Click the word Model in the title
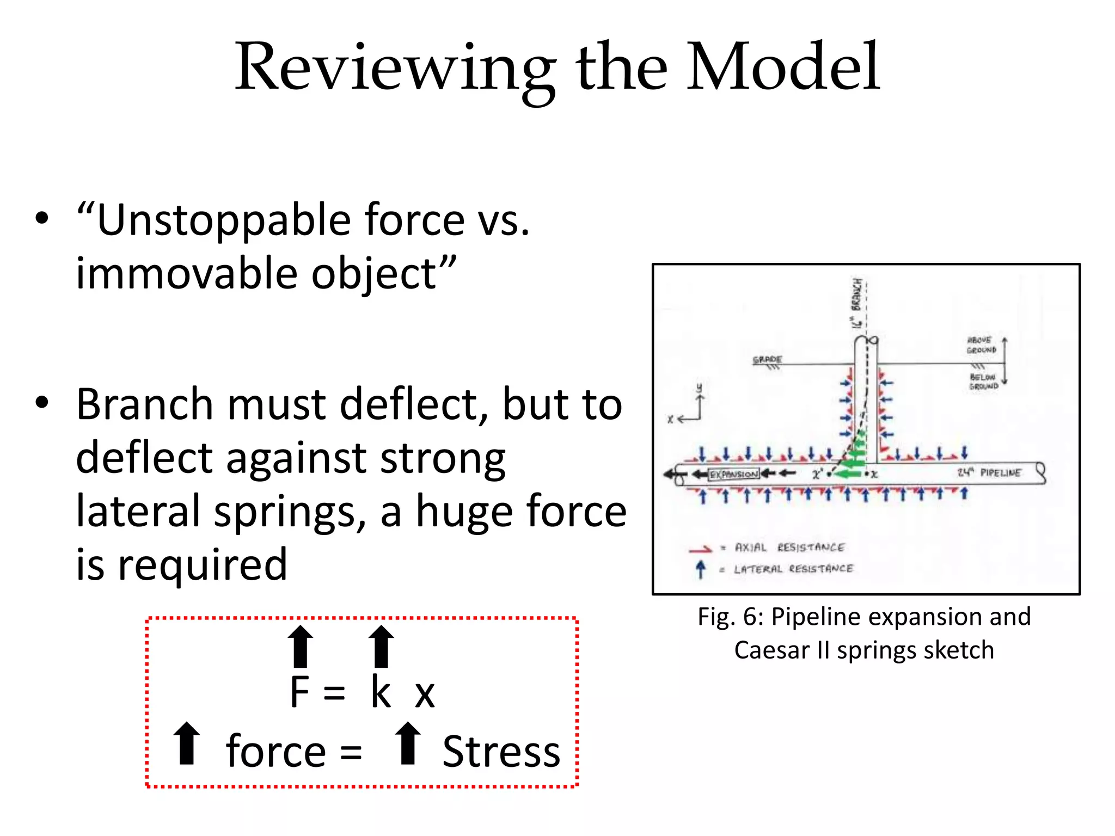tap(782, 68)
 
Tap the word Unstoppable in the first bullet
tap(223, 220)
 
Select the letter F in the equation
tap(300, 692)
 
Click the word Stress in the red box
tap(501, 752)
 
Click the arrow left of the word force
tap(187, 743)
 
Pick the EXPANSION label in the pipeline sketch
tap(733, 475)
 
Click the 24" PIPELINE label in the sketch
tap(989, 472)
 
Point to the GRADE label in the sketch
tap(767, 360)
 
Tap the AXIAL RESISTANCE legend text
tap(789, 548)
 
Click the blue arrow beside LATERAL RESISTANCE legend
tap(701, 569)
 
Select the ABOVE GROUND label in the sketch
tap(981, 345)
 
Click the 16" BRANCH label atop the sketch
tap(857, 303)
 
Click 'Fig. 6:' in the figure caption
tap(731, 617)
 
